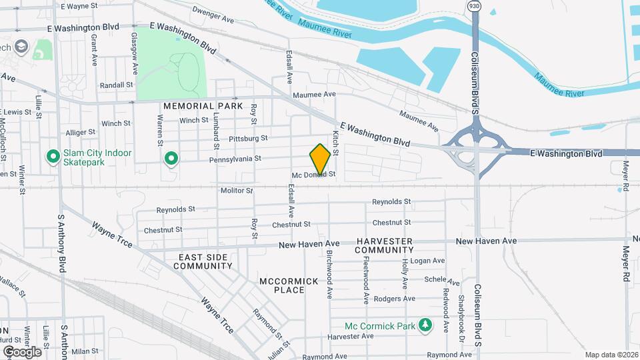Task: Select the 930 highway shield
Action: [474, 6]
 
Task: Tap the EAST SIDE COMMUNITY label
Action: [203, 261]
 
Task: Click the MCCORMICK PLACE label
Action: [289, 286]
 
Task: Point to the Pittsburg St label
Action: [247, 139]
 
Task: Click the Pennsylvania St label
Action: [235, 159]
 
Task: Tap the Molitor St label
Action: [237, 191]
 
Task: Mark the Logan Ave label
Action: [427, 261]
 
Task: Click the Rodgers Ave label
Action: [395, 299]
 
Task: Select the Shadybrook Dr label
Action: [461, 314]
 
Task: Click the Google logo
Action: [22, 351]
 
